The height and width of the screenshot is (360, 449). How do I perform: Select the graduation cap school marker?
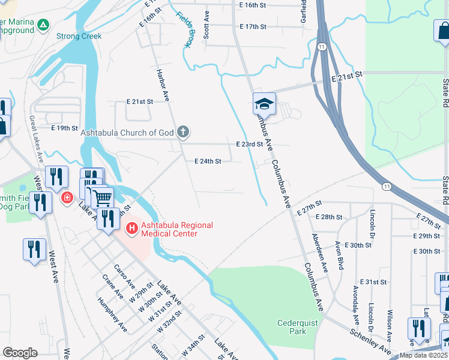pyautogui.click(x=264, y=104)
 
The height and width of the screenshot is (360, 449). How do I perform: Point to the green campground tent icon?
pyautogui.click(x=43, y=25)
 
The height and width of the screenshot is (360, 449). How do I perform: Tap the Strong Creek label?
pyautogui.click(x=79, y=36)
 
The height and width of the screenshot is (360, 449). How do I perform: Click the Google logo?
pyautogui.click(x=20, y=352)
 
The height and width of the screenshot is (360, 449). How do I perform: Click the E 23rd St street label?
pyautogui.click(x=250, y=145)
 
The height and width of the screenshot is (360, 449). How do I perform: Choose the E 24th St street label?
pyautogui.click(x=208, y=161)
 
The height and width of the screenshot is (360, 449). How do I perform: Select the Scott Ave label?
pyautogui.click(x=206, y=25)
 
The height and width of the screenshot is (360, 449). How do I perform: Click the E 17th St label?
pyautogui.click(x=252, y=27)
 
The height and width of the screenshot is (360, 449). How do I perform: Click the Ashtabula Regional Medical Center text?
pyautogui.click(x=169, y=229)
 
